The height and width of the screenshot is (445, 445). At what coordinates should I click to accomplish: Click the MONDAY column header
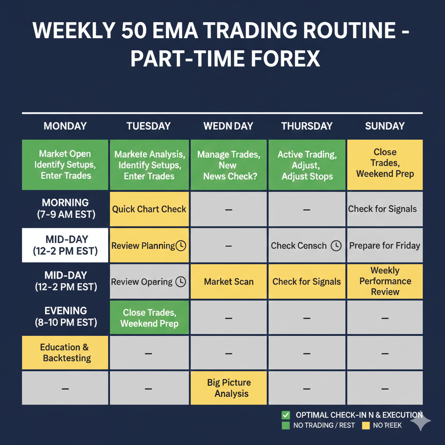pos(65,126)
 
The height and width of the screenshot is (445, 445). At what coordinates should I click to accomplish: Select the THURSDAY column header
pos(307,126)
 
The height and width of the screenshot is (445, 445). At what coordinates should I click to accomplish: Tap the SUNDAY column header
pos(385,126)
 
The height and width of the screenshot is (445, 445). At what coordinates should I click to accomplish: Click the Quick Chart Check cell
pos(149,209)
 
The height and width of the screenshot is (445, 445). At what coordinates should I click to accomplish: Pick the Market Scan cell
pos(229,282)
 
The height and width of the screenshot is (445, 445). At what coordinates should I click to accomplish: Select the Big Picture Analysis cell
pos(229,388)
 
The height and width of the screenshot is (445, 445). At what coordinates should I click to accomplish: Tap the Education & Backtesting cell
pos(65,352)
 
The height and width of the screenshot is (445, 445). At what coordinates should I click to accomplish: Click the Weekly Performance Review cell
pos(385,281)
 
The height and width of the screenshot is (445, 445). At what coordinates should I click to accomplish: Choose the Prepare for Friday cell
pos(385,246)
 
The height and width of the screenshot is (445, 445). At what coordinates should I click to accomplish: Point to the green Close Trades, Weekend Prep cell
pos(149,318)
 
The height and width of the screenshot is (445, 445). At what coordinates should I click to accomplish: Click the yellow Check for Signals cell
pos(307,282)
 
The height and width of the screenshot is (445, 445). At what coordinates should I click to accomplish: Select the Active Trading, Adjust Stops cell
pos(307,165)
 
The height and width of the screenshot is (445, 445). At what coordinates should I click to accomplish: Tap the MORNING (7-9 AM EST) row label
pos(65,209)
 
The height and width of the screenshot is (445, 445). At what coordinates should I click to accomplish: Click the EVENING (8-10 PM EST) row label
pos(65,317)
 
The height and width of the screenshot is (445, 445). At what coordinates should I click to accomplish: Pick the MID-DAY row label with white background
pos(65,245)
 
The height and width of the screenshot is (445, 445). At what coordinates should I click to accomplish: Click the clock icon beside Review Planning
pos(181,246)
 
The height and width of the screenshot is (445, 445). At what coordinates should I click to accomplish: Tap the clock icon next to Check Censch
pos(336,246)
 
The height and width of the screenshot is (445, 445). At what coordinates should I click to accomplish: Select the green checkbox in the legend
pos(286,415)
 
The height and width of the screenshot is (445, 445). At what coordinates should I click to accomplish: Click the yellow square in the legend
pos(365,425)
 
